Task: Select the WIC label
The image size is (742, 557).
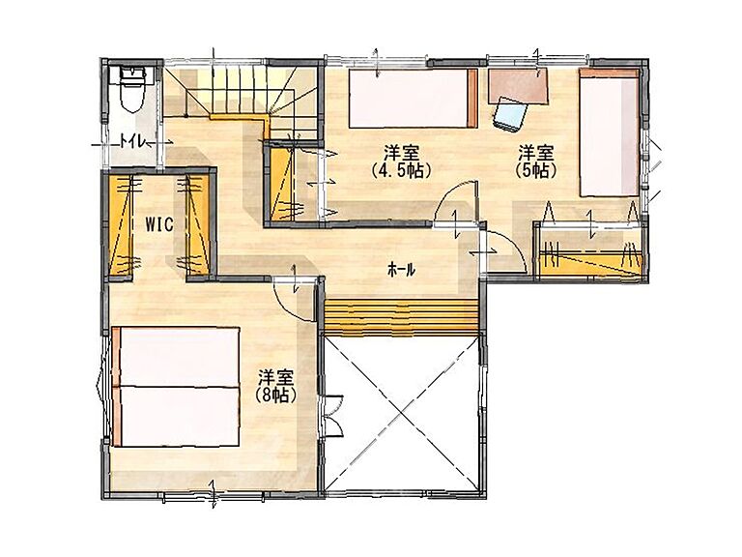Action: pyautogui.click(x=158, y=224)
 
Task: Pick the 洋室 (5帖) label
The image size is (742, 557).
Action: pyautogui.click(x=534, y=161)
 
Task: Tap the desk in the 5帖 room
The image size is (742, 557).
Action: pyautogui.click(x=518, y=83)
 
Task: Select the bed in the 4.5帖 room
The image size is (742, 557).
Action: pyautogui.click(x=412, y=98)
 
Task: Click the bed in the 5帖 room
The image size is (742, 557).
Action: pyautogui.click(x=609, y=132)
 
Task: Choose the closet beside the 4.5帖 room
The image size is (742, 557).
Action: pyautogui.click(x=282, y=179)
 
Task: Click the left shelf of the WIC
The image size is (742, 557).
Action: pyautogui.click(x=124, y=224)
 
